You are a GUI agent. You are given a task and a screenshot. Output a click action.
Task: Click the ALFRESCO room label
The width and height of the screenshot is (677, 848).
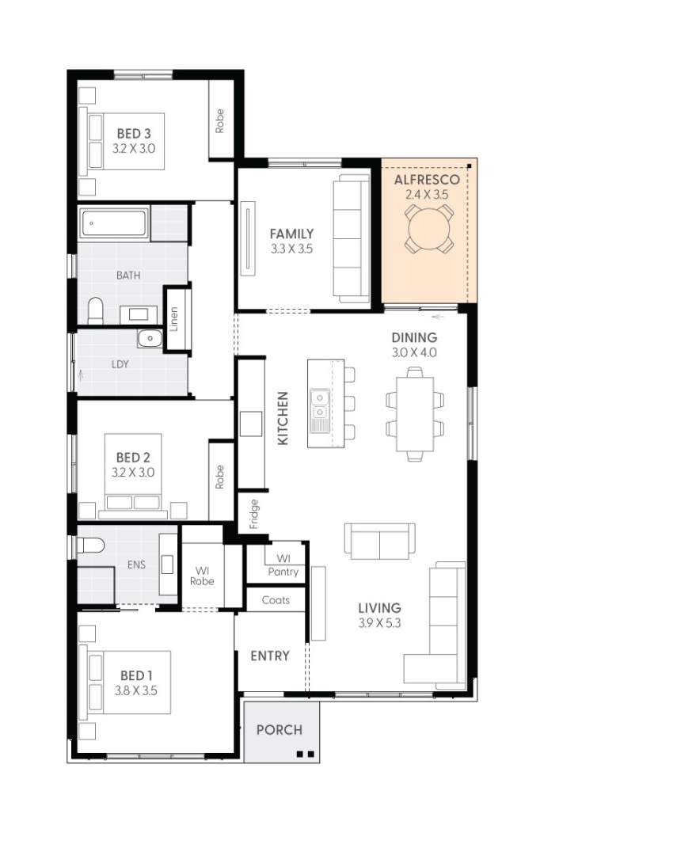(427, 180)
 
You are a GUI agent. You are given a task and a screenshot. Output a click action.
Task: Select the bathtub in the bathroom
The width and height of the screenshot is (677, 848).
(115, 224)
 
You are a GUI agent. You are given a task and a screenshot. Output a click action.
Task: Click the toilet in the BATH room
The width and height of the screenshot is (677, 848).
(96, 310)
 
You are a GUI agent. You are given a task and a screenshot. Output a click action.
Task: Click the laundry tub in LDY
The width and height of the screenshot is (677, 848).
(149, 339)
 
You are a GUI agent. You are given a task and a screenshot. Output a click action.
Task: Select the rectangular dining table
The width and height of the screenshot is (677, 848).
(415, 413)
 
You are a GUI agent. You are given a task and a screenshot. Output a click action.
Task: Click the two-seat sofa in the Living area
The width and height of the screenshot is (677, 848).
(379, 542)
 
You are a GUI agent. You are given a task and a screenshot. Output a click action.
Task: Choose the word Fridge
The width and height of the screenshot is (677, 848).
(254, 513)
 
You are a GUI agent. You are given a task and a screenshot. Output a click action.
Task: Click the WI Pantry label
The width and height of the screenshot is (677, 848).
(283, 565)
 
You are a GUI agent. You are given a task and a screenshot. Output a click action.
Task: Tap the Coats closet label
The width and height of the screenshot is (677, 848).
(276, 600)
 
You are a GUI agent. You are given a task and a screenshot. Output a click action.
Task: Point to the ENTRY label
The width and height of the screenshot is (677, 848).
(270, 656)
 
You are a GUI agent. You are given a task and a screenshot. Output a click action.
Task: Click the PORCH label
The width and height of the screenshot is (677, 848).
(279, 729)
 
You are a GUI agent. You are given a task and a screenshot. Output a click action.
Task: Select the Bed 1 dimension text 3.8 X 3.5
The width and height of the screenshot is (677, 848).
(135, 690)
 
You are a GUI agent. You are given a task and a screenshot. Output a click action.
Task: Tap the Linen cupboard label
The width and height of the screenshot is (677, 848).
(176, 318)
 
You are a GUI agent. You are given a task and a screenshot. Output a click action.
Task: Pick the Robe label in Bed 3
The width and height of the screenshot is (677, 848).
(220, 120)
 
